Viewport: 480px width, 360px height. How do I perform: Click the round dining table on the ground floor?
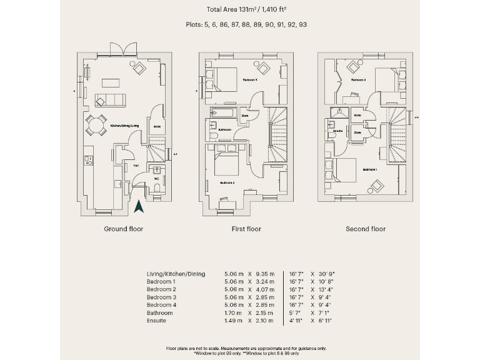tap(96, 125)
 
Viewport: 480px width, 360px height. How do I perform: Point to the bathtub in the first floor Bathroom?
tap(221, 114)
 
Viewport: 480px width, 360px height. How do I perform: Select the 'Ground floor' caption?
tap(123, 229)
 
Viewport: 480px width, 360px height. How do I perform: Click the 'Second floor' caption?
tap(366, 229)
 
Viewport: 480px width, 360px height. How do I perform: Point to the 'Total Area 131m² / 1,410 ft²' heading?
tap(246, 9)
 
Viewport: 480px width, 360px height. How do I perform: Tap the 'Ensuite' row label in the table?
tap(156, 321)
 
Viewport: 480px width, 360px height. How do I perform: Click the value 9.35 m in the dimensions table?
tap(263, 274)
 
